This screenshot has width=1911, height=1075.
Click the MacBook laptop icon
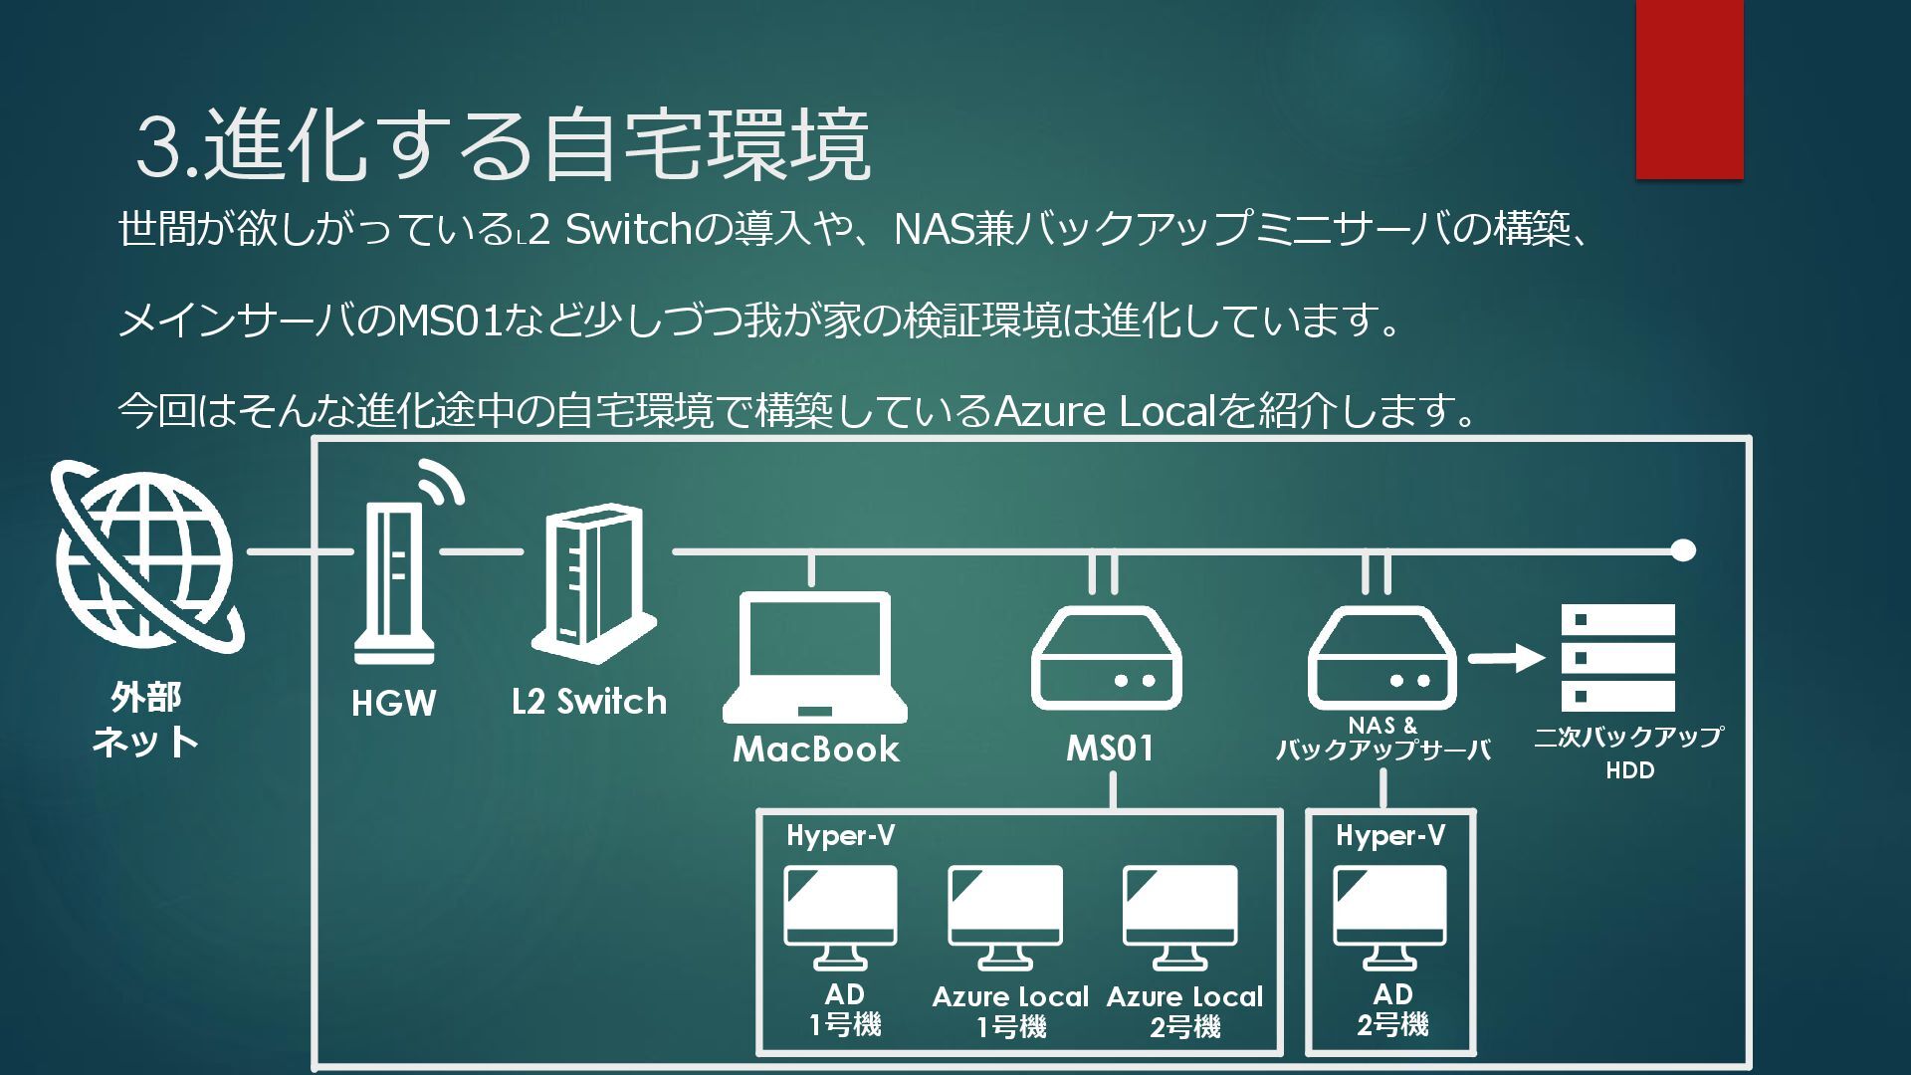tap(815, 657)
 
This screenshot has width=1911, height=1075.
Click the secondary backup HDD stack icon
tap(1618, 657)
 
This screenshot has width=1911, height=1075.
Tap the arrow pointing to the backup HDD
tap(1505, 658)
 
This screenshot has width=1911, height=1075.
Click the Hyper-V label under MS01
tap(840, 836)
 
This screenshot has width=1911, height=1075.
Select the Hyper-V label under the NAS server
tap(1389, 836)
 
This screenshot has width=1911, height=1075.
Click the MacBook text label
tap(816, 750)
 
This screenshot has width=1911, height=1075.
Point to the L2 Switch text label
tap(589, 702)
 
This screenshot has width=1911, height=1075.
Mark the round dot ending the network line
tap(1683, 550)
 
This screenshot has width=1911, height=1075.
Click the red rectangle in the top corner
tap(1689, 90)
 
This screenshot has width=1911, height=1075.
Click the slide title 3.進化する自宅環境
tap(503, 147)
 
